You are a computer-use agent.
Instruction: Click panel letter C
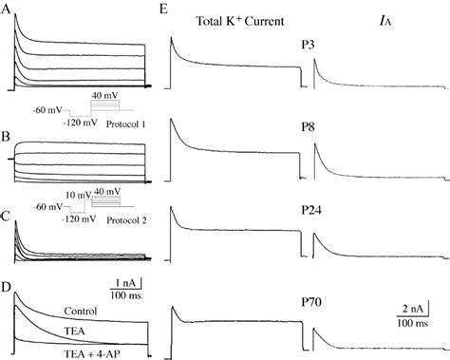tap(7, 215)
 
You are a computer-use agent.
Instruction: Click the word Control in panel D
tap(80, 311)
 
